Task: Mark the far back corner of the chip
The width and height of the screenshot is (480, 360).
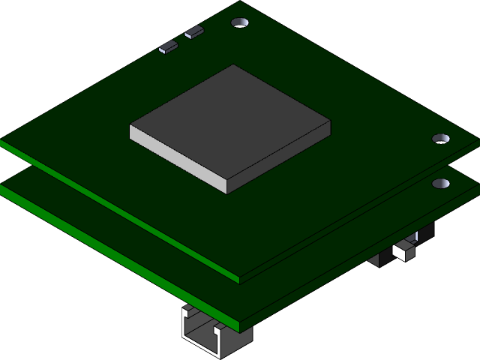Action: [234, 65]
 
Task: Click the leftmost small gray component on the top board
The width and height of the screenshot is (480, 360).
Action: [169, 47]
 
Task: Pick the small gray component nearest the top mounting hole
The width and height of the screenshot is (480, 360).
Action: [194, 31]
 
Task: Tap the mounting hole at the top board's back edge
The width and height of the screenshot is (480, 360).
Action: [240, 24]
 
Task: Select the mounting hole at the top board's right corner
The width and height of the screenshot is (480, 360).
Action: [441, 139]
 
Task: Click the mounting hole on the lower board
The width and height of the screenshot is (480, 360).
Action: [441, 184]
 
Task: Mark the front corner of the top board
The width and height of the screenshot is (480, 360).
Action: [240, 280]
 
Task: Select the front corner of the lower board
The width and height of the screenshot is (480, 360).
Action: [240, 328]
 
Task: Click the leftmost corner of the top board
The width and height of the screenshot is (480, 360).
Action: [2, 141]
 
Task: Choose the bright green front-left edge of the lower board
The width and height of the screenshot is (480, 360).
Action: [112, 256]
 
